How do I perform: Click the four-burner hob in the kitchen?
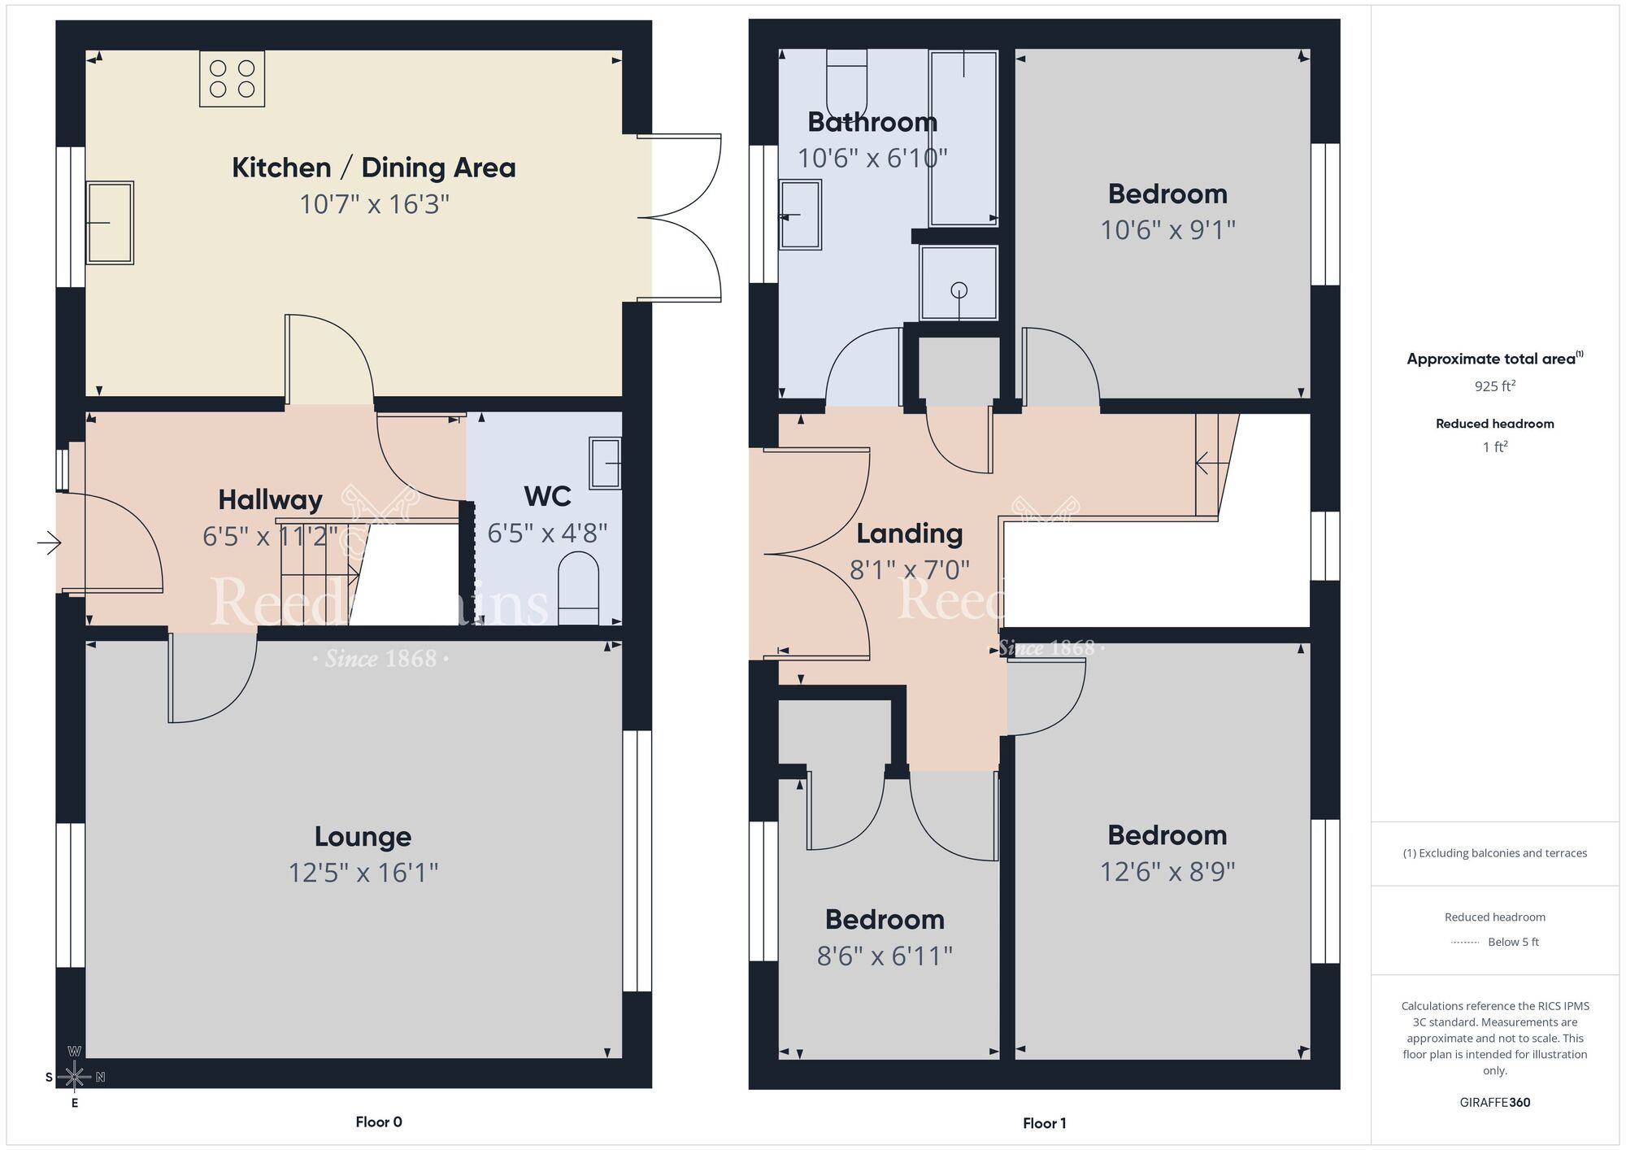[x=232, y=79]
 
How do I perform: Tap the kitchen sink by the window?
[x=110, y=222]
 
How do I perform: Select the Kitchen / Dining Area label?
[x=373, y=168]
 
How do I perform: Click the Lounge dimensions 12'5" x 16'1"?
[x=363, y=873]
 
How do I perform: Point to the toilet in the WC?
[x=578, y=587]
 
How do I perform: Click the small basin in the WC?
[x=605, y=463]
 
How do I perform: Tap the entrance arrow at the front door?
[x=50, y=542]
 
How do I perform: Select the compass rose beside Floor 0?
[x=74, y=1077]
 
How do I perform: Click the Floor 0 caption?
[x=378, y=1122]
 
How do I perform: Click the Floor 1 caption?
[x=1044, y=1123]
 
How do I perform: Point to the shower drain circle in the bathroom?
[x=959, y=290]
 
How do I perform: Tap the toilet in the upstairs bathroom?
[x=846, y=85]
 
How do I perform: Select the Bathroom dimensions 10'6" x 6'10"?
[x=872, y=158]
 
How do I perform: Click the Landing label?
[x=909, y=534]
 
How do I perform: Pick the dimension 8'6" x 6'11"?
[x=885, y=956]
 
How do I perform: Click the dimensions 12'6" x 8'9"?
[x=1167, y=872]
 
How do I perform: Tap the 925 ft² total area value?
[x=1494, y=386]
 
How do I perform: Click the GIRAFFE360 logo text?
[x=1494, y=1103]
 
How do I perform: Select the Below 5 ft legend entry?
[x=1512, y=942]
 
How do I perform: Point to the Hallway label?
[x=270, y=499]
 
